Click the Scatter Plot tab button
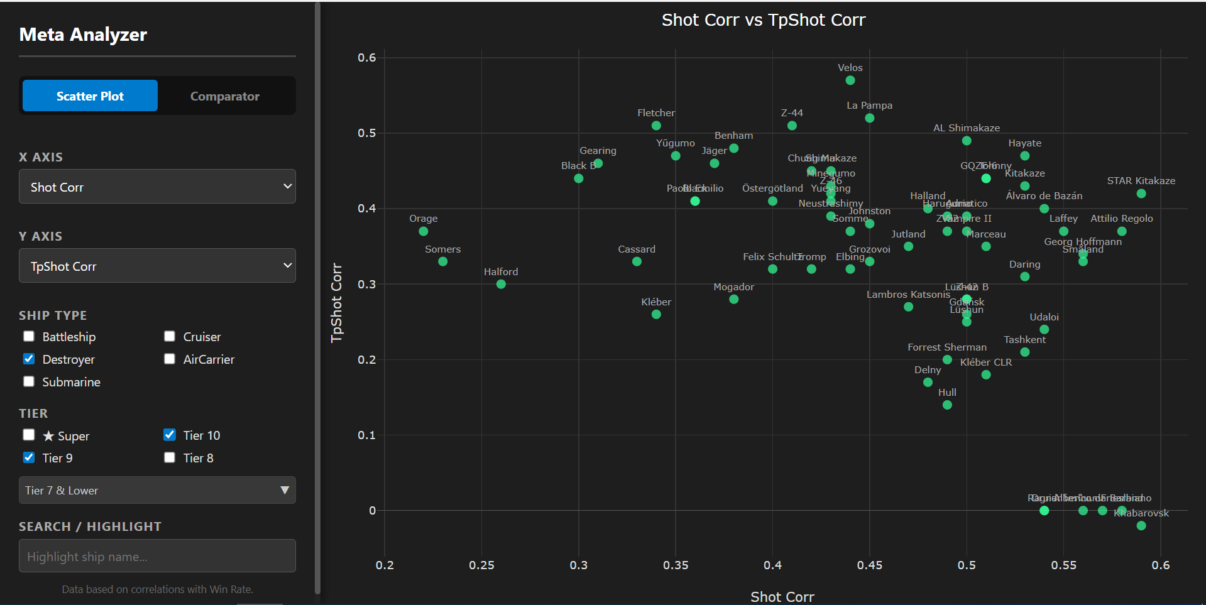(x=90, y=96)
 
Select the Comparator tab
(x=224, y=96)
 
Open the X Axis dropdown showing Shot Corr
(x=157, y=187)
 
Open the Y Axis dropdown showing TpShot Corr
(x=157, y=266)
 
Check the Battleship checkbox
(x=29, y=336)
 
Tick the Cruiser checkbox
(x=170, y=336)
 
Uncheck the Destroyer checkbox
(x=29, y=359)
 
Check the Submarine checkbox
(x=29, y=381)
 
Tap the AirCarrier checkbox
(x=170, y=359)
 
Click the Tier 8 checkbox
(x=170, y=457)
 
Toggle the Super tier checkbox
(x=29, y=435)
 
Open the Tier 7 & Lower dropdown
(x=157, y=490)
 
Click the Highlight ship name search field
(x=157, y=556)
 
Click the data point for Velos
(x=850, y=80)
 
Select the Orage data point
(x=424, y=231)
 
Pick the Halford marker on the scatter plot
(x=501, y=284)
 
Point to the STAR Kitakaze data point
(x=1141, y=193)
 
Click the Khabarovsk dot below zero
(x=1141, y=525)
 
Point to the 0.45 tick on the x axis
(x=869, y=565)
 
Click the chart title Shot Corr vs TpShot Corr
(x=763, y=20)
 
